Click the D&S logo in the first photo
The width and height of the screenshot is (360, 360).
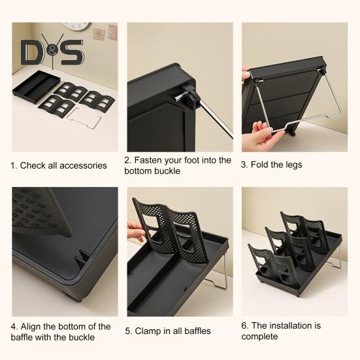pyautogui.click(x=52, y=52)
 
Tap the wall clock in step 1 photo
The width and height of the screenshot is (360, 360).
pyautogui.click(x=76, y=25)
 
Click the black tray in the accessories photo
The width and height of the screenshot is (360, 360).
pyautogui.click(x=37, y=86)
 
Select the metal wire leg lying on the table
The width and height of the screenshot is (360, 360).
pyautogui.click(x=84, y=118)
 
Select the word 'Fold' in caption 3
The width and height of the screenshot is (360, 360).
pyautogui.click(x=259, y=165)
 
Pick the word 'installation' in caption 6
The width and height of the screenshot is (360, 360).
pyautogui.click(x=289, y=325)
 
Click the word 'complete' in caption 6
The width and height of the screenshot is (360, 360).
pyautogui.click(x=259, y=337)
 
